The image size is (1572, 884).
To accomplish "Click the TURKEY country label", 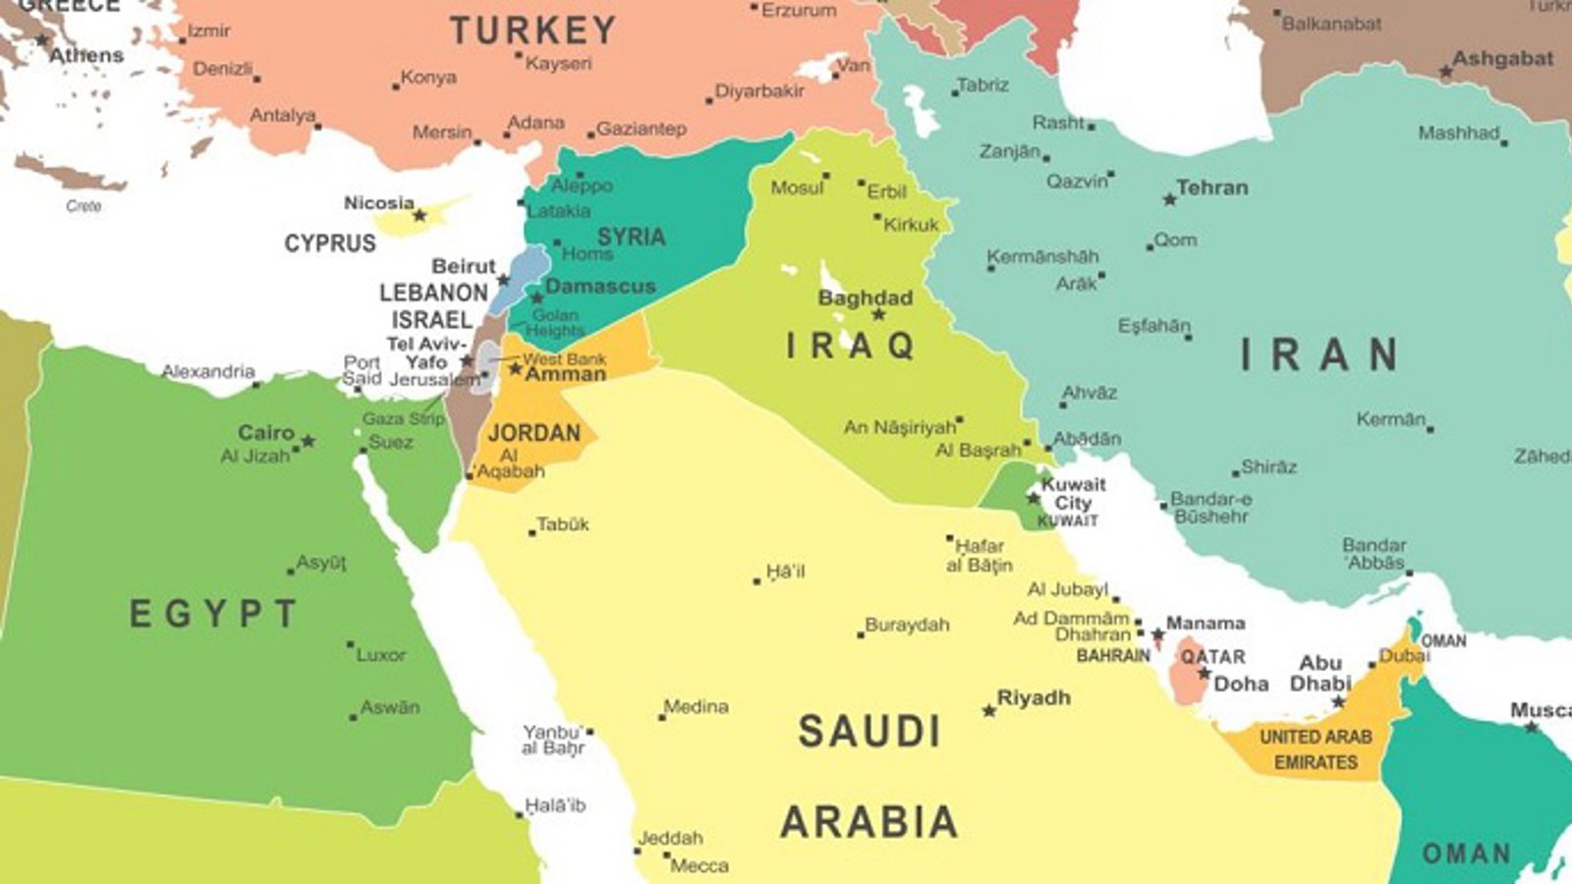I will point(533,31).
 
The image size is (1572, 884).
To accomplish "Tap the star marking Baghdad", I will point(878,314).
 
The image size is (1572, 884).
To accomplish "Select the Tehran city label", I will point(1212,188).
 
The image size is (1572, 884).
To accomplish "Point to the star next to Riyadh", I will point(989,710).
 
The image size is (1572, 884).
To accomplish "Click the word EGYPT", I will point(213,615).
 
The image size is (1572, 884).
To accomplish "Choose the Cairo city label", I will point(266,432).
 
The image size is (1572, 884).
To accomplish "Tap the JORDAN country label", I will point(533,432).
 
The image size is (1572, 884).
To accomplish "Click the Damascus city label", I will point(599,287).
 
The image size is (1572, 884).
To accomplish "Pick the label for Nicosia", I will point(378,203).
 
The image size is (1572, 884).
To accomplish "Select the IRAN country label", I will point(1319,355).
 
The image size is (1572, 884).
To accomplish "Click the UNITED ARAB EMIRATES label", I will point(1316,749).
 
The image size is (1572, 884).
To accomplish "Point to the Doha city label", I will point(1241,684).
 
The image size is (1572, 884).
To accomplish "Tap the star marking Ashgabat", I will point(1445,72).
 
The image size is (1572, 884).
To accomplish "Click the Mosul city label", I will point(797,187).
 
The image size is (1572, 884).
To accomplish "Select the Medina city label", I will point(697,706).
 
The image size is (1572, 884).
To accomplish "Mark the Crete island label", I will point(84,206).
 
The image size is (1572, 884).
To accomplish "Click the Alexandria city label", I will point(208,371).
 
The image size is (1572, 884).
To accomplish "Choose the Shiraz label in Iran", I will point(1268,467).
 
